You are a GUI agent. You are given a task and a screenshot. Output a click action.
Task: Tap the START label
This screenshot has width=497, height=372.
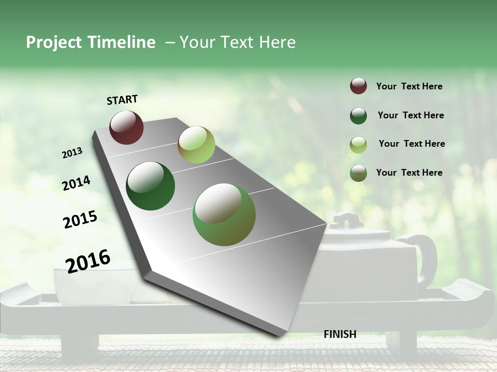point(122,100)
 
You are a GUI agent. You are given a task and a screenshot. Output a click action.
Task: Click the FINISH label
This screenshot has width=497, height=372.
point(340,334)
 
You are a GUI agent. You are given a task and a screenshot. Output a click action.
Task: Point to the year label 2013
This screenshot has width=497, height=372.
point(72,153)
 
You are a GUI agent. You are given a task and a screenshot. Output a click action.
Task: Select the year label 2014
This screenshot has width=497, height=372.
point(76,183)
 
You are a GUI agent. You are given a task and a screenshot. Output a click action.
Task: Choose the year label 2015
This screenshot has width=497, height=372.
point(80,220)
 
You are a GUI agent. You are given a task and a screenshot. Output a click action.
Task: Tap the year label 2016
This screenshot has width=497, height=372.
point(88,261)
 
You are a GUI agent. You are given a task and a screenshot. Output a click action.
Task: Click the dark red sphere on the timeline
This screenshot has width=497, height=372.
point(126,127)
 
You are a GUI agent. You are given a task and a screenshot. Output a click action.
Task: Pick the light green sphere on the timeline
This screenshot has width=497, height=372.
point(196,145)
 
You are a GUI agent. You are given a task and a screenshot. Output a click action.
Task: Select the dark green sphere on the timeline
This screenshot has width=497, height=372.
point(151,186)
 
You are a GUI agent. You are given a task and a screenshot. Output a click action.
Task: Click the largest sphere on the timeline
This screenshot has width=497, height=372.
point(224,214)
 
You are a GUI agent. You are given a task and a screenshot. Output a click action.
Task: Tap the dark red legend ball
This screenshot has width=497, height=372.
point(358,86)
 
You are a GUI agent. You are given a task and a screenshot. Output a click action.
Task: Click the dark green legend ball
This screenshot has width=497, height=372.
point(358,116)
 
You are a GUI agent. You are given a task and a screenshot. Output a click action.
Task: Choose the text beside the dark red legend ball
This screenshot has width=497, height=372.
point(409,86)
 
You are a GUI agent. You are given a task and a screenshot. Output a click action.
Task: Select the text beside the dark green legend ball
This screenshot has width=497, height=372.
point(411,115)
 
